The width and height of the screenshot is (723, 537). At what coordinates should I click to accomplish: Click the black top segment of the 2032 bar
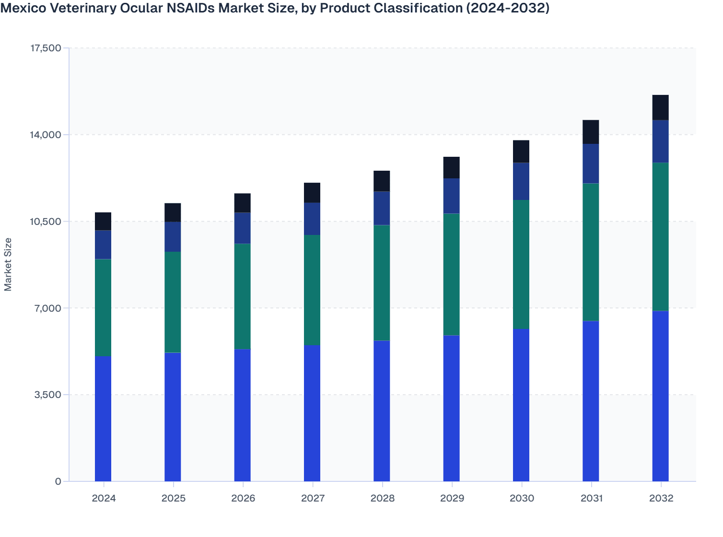[x=660, y=107]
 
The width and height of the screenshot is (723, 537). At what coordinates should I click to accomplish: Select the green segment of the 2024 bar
[x=103, y=308]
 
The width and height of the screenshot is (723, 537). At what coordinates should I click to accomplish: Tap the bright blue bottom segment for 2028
[x=382, y=411]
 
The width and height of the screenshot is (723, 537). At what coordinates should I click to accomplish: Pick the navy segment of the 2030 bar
[x=521, y=181]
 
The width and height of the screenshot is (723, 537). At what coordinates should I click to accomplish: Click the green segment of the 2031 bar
[x=591, y=252]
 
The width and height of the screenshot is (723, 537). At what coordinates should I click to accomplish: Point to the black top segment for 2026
[x=243, y=203]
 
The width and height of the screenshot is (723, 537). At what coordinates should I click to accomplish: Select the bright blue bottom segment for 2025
[x=173, y=417]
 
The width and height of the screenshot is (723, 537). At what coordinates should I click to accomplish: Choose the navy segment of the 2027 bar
[x=312, y=219]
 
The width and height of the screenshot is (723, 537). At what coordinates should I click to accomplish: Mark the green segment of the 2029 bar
[x=451, y=274]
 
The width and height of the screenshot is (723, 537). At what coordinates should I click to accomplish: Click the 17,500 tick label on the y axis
[x=46, y=48]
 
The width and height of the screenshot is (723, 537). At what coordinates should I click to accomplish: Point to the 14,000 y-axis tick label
[x=46, y=135]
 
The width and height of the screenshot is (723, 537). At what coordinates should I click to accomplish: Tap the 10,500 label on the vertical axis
[x=46, y=222]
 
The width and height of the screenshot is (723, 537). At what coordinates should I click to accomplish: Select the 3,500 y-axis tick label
[x=48, y=395]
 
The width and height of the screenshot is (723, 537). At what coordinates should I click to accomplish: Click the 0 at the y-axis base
[x=58, y=481]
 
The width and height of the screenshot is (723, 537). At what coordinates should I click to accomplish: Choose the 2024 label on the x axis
[x=104, y=498]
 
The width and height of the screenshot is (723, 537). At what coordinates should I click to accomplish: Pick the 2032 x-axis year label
[x=661, y=498]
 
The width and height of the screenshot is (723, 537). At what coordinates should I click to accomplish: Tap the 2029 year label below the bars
[x=452, y=498]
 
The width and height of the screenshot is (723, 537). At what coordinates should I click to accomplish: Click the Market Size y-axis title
[x=8, y=264]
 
